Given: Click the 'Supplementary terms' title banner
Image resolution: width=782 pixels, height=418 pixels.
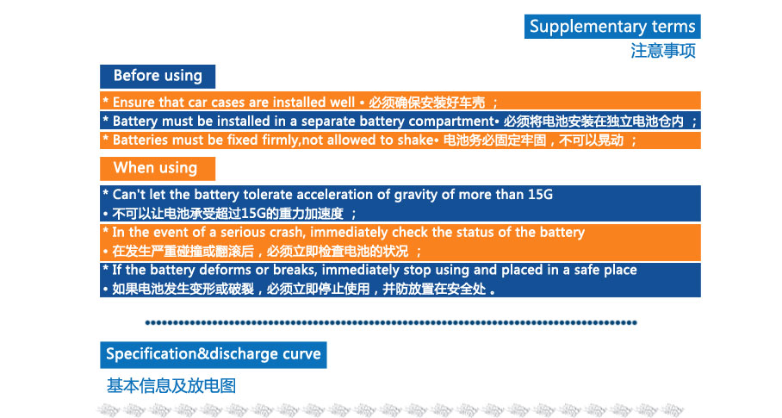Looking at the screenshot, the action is [612, 27].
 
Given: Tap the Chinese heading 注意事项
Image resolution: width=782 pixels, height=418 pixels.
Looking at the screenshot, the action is [663, 51].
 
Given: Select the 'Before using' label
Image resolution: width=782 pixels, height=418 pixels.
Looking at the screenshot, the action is [158, 77].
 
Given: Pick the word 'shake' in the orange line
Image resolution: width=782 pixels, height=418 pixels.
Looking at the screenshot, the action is [415, 140].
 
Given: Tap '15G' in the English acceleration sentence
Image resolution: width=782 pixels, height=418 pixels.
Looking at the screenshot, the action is [540, 195].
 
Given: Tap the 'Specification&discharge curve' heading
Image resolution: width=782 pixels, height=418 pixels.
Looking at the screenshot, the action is [214, 354].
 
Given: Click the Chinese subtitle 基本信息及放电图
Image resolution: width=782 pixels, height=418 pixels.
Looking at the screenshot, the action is [171, 385].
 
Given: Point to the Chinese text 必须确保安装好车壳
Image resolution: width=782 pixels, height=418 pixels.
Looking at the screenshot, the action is [427, 103].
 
